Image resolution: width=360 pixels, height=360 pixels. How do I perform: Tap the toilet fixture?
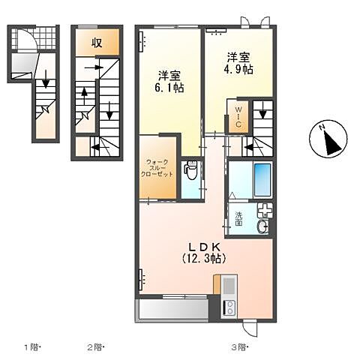[190, 171]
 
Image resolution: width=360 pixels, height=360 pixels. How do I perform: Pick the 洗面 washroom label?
[239, 219]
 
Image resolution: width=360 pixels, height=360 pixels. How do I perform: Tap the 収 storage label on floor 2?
[97, 42]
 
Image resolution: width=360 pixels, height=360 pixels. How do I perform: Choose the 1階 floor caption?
[32, 346]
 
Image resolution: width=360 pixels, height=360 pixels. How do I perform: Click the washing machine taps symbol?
[264, 210]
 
